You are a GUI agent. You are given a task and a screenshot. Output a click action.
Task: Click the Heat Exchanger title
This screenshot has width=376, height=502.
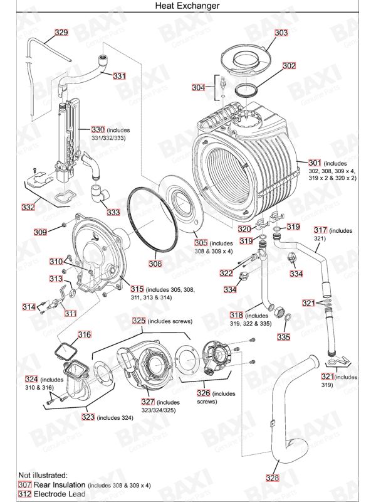pos(188,6)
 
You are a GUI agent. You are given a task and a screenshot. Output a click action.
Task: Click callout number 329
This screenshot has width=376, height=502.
pos(61,32)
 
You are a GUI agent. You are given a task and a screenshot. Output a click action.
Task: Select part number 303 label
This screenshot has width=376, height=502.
pos(281,32)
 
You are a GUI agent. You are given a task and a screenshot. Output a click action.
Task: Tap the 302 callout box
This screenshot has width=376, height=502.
pos(289,65)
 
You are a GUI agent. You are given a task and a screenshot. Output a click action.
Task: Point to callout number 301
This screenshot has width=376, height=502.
pos(315,162)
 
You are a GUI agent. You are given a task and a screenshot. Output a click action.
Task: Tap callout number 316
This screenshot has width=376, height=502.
pos(85,334)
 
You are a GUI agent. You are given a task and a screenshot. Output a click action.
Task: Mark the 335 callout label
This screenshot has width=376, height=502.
pos(283,337)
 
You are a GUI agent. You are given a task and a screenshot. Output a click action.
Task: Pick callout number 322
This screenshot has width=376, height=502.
pos(226,273)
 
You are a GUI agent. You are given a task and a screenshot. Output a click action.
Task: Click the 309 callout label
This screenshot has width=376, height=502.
pos(40,232)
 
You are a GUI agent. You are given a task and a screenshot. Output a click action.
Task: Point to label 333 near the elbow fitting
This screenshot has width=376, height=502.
pos(113,212)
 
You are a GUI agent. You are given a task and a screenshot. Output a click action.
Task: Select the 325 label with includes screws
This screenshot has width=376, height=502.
pos(138,321)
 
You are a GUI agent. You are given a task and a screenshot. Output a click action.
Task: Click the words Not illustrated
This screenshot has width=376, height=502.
pos(42,475)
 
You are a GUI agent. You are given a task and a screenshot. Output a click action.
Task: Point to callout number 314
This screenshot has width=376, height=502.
pos(29,307)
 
